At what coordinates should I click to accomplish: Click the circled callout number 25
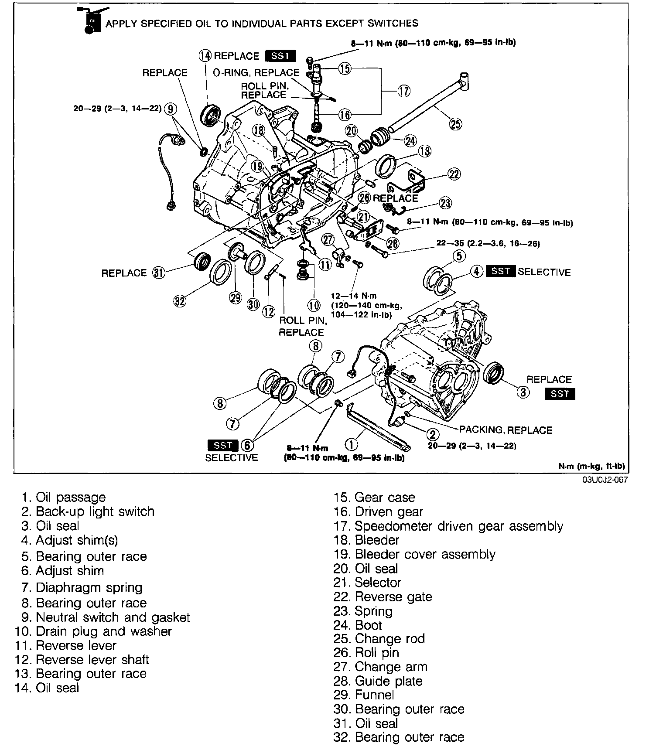(455, 124)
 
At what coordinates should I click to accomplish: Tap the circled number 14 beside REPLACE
(205, 56)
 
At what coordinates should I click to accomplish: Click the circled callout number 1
(351, 444)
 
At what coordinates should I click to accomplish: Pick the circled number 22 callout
(454, 174)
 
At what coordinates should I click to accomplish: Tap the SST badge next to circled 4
(500, 271)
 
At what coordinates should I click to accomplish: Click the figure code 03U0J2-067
(604, 480)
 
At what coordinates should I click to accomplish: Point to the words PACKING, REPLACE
(506, 430)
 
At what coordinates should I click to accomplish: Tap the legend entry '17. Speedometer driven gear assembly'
(448, 526)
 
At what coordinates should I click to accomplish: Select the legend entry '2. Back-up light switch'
(88, 511)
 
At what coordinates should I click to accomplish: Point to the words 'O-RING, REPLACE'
(256, 72)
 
